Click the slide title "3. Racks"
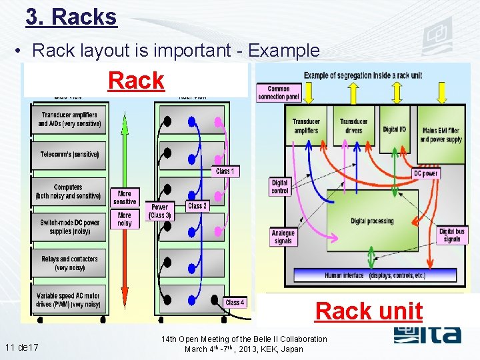[x=71, y=17]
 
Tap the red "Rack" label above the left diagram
[x=136, y=81]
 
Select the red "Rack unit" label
[x=369, y=311]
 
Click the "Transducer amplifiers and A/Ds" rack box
[x=69, y=119]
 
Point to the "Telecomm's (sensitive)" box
[x=69, y=155]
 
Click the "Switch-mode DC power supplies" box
[x=69, y=227]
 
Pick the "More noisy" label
[x=125, y=219]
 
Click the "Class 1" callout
[x=225, y=172]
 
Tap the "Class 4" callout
[x=235, y=302]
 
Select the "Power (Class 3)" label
[x=160, y=211]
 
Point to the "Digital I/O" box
[x=395, y=130]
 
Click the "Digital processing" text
[x=372, y=221]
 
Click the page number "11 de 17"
[x=21, y=347]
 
